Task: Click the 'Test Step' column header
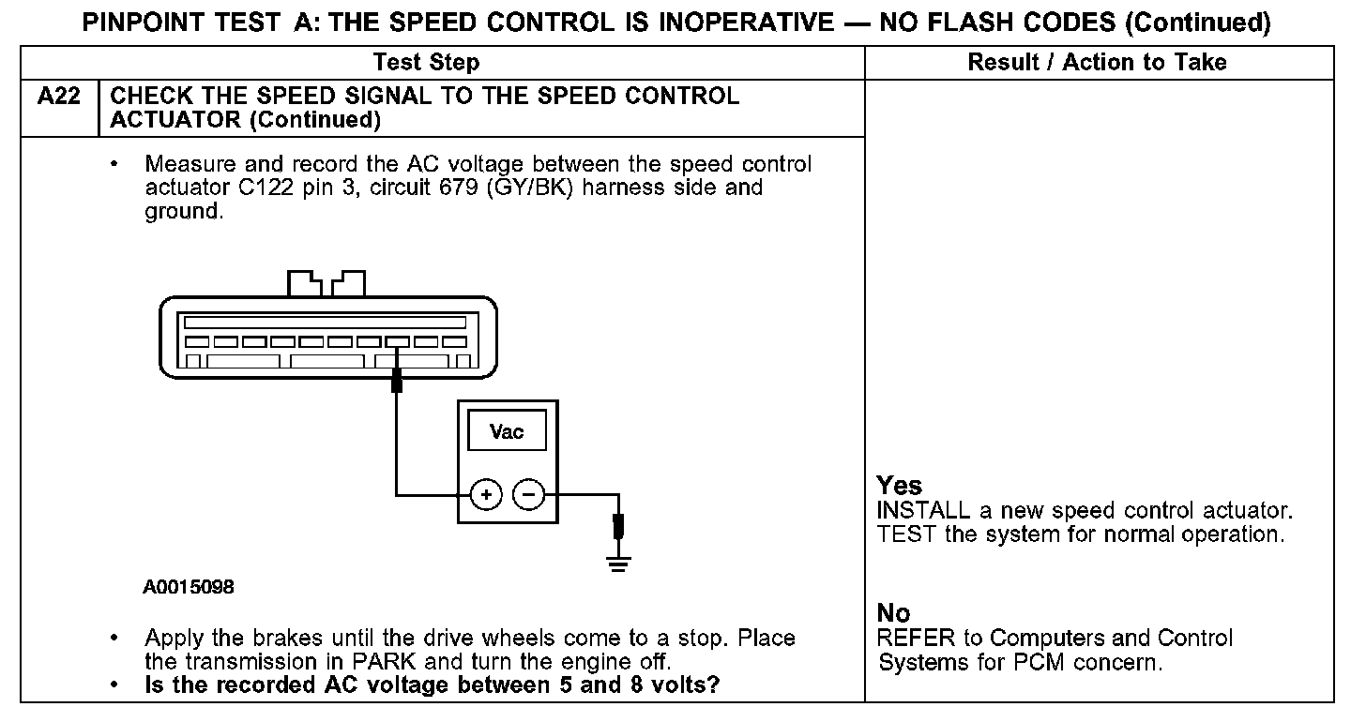coord(426,63)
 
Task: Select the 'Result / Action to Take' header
coord(1097,63)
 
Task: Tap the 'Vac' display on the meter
coord(507,432)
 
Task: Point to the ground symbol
coord(618,563)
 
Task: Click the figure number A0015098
coord(189,588)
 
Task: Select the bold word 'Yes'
coord(900,486)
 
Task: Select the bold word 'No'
coord(893,613)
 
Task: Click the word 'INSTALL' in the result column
coord(918,512)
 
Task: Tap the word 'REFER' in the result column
coord(917,639)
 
